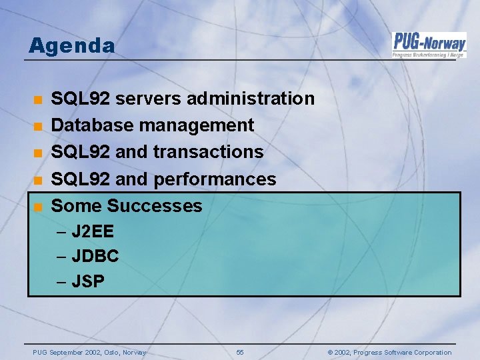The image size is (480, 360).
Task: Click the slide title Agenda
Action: (72, 46)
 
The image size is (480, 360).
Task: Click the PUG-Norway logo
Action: (429, 45)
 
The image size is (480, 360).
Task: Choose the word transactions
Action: (209, 152)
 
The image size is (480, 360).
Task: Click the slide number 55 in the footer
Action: (240, 353)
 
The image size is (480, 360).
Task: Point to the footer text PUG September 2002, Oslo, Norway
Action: (89, 353)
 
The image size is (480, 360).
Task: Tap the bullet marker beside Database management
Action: (39, 126)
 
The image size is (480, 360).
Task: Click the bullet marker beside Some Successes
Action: (39, 206)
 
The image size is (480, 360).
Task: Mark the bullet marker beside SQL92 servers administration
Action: (39, 99)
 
